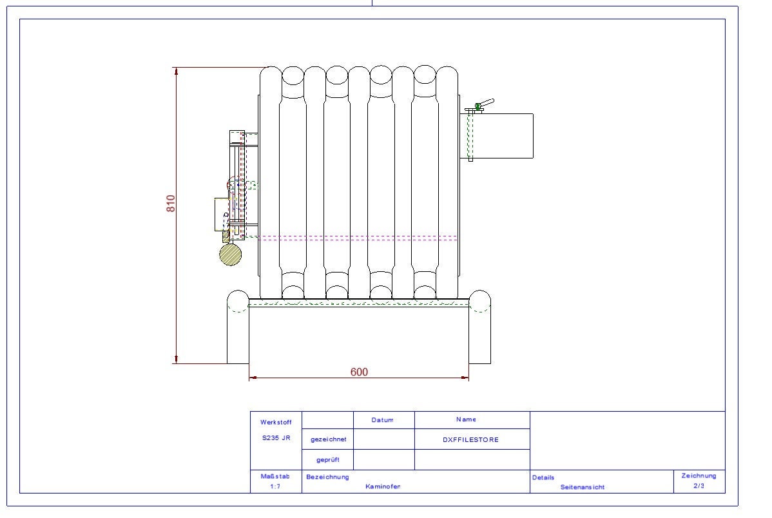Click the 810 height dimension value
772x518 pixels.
coord(171,204)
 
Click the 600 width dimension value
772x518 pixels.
coord(359,372)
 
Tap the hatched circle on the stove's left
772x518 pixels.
coord(230,254)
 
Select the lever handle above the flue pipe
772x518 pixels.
coord(485,104)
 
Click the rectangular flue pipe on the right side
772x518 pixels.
coord(503,136)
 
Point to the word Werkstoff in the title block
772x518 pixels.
coord(276,423)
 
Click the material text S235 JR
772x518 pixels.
coord(276,437)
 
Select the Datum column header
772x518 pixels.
coord(382,419)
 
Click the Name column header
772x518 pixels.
coord(466,419)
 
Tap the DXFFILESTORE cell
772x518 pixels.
coord(470,440)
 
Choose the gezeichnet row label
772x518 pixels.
coord(328,439)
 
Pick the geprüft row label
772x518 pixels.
coord(328,460)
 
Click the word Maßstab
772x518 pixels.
coord(275,477)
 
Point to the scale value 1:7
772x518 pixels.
coord(275,487)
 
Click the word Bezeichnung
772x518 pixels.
coord(328,477)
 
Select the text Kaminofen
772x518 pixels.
coord(383,486)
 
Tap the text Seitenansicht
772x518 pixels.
coord(583,487)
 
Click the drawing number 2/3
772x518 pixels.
coord(699,486)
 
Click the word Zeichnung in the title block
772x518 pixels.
coord(699,475)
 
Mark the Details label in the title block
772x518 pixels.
coord(543,477)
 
